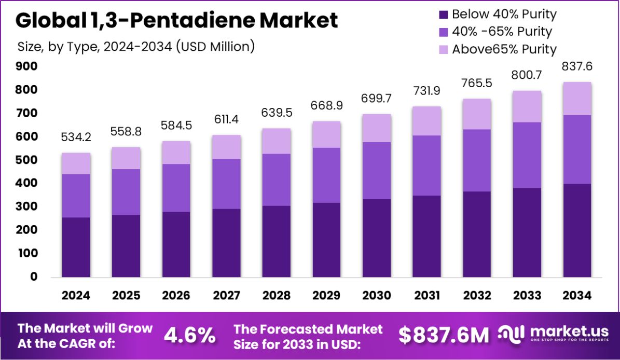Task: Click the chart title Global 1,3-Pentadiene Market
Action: (x=176, y=20)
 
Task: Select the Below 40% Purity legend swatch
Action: (x=443, y=14)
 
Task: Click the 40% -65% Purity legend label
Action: (x=502, y=32)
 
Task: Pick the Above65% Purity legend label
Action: (x=504, y=49)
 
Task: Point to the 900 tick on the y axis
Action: (x=26, y=66)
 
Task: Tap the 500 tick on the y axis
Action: (x=26, y=160)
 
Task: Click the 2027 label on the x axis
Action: (x=226, y=296)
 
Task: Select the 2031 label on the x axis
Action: (x=427, y=296)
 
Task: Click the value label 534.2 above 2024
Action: (x=76, y=137)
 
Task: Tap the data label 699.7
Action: (x=377, y=99)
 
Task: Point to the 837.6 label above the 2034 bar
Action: (x=577, y=66)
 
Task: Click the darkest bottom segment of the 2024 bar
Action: (x=76, y=247)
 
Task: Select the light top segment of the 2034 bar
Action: (x=577, y=99)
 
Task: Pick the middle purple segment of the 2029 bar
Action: (x=326, y=175)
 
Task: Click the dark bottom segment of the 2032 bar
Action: (x=477, y=234)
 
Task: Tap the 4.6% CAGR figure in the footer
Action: (x=190, y=336)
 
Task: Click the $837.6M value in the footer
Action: (x=444, y=336)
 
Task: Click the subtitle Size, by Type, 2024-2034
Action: (x=136, y=46)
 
